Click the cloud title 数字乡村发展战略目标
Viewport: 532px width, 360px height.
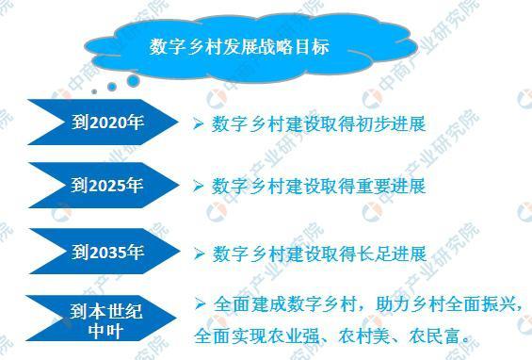239,46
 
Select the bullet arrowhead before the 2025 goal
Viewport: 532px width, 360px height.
199,187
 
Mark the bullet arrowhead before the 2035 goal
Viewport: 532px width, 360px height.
199,254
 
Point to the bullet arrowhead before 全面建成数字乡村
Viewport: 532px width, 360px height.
199,303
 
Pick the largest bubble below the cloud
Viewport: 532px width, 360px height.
133,81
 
